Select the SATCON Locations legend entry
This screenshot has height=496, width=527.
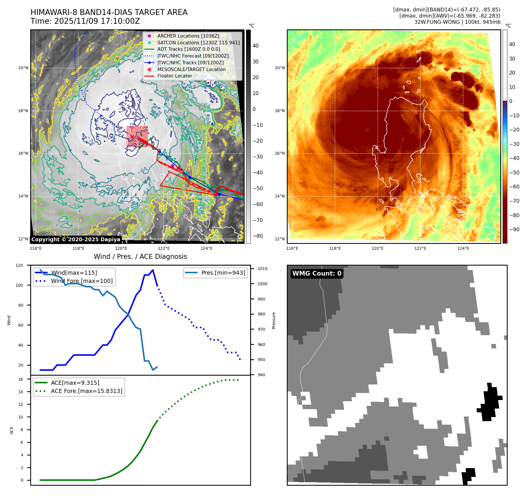pos(198,43)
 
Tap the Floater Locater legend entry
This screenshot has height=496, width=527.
pos(174,76)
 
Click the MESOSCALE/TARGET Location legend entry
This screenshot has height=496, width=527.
pos(191,69)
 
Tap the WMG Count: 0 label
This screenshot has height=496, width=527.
pos(317,274)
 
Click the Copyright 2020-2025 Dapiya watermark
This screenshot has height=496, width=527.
pos(76,239)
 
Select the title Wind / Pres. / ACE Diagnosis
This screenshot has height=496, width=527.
pos(140,257)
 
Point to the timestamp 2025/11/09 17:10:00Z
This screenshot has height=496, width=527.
pos(97,21)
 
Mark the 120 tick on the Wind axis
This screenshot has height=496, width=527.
pos(19,265)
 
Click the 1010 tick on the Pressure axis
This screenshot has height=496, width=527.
pos(262,269)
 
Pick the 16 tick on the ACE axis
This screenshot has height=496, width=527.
pos(21,379)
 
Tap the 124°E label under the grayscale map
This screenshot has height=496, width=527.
pos(206,248)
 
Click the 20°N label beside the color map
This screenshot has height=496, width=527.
pos(279,68)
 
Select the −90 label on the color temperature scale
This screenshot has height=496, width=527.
pos(514,230)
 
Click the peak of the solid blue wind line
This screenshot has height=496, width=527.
pos(153,270)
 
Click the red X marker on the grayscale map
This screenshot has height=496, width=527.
pos(132,137)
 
